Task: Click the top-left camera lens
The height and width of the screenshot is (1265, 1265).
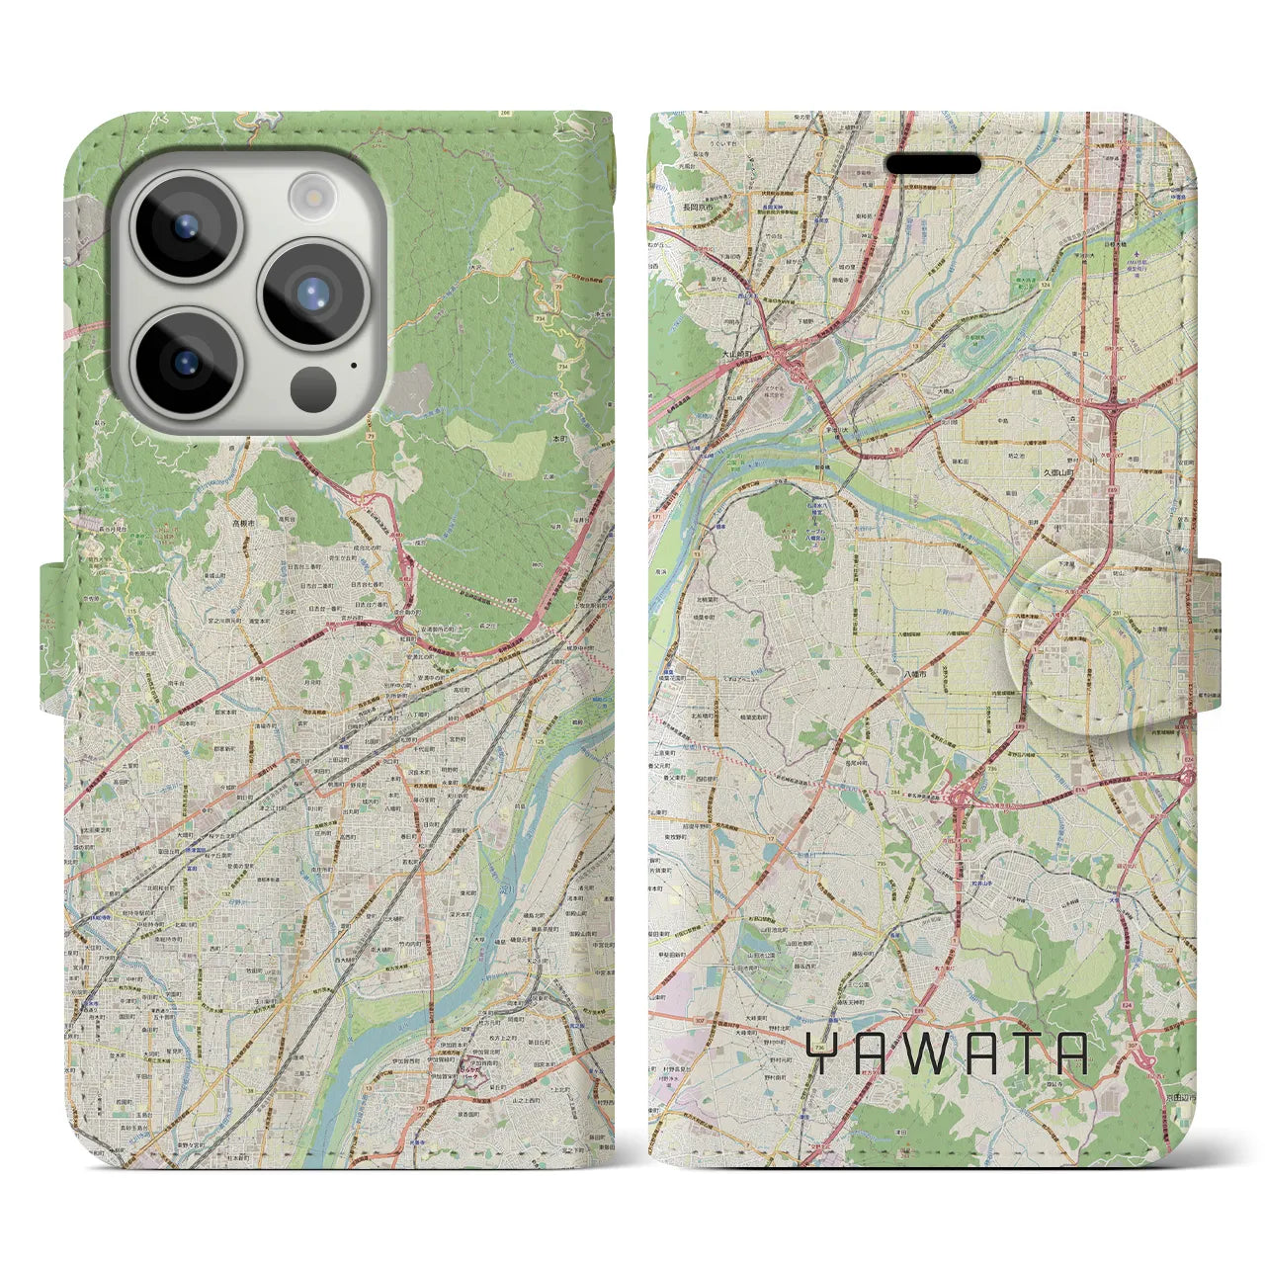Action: click(x=186, y=226)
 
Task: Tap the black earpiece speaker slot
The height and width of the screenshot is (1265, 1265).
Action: click(x=933, y=164)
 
